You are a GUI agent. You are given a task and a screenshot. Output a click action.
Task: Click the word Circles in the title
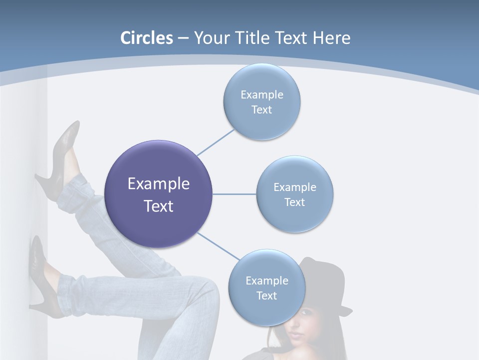click(x=147, y=38)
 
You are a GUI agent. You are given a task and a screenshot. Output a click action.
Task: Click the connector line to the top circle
click(x=216, y=142)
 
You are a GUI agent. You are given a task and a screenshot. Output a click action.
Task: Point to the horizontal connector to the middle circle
click(x=234, y=194)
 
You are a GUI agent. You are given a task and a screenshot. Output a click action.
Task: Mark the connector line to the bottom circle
click(x=218, y=246)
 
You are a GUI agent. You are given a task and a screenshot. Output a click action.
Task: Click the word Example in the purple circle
click(x=159, y=184)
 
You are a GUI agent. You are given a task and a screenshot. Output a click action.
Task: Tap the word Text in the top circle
click(x=261, y=110)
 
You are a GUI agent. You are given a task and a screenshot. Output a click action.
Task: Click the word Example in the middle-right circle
click(x=295, y=187)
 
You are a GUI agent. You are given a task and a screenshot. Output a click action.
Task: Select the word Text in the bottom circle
click(x=266, y=296)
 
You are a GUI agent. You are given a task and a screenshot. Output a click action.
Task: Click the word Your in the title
click(x=208, y=38)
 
